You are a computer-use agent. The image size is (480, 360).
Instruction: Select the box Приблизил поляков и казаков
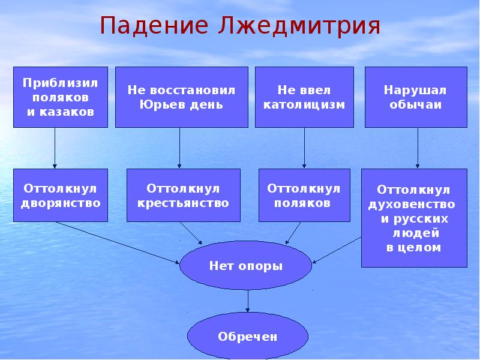(x=61, y=97)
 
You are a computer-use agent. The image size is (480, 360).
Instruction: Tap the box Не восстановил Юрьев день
(x=181, y=97)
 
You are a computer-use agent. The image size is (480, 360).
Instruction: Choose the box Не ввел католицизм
(x=304, y=97)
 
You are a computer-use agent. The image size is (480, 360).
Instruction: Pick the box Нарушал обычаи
(x=416, y=97)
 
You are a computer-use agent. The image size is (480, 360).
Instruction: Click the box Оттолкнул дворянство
(x=61, y=195)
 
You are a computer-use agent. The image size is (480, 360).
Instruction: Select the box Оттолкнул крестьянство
(x=184, y=195)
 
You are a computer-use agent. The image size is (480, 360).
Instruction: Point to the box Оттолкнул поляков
(x=304, y=195)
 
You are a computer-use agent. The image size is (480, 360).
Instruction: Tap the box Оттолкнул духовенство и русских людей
(x=414, y=218)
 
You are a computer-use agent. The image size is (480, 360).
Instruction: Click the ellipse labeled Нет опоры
(x=246, y=265)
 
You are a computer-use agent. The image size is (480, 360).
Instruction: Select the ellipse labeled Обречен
(x=248, y=337)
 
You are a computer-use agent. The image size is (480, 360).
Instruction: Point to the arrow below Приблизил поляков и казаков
(x=55, y=148)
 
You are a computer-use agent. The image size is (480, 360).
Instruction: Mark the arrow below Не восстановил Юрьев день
(x=179, y=148)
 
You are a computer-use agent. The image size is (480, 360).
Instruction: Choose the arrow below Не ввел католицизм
(x=304, y=148)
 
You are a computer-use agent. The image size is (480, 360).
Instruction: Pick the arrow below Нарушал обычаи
(x=418, y=148)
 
